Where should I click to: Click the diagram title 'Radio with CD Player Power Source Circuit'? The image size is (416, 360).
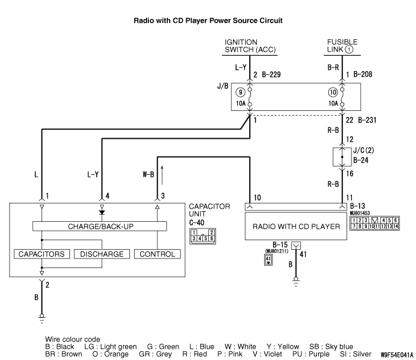208,20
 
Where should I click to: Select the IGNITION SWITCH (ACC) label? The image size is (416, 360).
249,46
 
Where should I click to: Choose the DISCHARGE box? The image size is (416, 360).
101,254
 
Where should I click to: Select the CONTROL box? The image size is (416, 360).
156,254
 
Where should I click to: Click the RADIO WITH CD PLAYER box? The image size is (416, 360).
296,227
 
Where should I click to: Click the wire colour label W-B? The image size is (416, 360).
147,174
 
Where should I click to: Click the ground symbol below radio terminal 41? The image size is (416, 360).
296,282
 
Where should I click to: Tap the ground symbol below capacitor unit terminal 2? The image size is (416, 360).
42,318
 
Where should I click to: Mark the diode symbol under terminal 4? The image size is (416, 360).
102,212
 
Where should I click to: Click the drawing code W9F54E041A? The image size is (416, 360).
392,354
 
